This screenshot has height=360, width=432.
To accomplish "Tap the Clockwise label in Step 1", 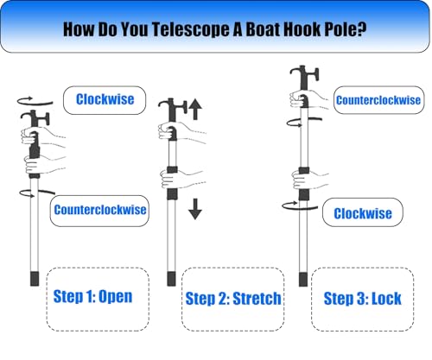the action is click(x=105, y=99).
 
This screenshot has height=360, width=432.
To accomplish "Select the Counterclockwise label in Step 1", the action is click(x=100, y=210).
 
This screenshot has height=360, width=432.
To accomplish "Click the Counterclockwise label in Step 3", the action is click(x=378, y=100).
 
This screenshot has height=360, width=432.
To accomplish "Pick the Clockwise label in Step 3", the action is click(x=363, y=213).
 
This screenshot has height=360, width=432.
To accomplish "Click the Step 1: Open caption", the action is click(x=92, y=297).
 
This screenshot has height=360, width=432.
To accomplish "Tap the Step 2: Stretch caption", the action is click(x=233, y=299).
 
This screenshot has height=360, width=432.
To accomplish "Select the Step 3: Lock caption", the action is click(x=362, y=299).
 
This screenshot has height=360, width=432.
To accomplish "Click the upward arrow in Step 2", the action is click(x=195, y=110).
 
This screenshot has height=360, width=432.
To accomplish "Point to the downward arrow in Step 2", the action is click(x=195, y=209).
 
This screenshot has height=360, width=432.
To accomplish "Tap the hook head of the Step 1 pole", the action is click(x=35, y=118).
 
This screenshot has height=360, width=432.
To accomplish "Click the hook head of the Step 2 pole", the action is click(x=173, y=110).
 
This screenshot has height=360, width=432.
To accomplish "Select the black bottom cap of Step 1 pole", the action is click(x=35, y=278).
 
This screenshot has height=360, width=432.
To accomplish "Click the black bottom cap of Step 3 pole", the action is click(x=303, y=279).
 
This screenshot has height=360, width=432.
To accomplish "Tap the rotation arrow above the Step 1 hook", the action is click(x=35, y=101).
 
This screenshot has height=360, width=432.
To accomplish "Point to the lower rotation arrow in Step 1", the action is click(x=37, y=193).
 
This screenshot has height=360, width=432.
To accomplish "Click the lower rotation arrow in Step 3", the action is click(x=300, y=206).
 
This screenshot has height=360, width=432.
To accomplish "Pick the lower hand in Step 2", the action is click(x=181, y=179).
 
